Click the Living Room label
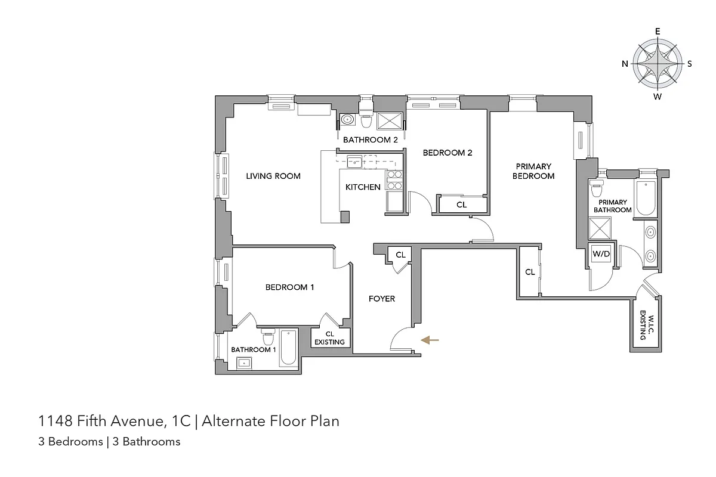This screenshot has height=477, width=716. coord(273,176)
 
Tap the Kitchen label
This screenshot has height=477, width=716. coord(363,187)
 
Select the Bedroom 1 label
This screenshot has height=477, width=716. coord(289,287)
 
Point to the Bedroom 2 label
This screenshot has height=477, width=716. coord(447,153)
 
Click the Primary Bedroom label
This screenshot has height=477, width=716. coord(533,171)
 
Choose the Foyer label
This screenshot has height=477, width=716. coord(381,299)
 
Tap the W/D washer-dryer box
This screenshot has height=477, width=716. coord(601,255)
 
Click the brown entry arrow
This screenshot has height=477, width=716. coord(430,340)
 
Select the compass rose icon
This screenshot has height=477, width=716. coord(658,63)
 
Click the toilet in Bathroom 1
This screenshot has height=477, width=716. coord(268,337)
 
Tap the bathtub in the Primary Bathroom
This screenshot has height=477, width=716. coord(646,198)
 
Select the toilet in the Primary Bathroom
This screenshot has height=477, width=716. coord(596,190)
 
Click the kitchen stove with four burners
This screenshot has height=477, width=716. coord(394,180)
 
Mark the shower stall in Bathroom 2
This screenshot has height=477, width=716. coord(389,120)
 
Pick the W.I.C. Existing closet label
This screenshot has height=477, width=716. coord(643,325)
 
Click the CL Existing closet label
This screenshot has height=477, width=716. coord(329,338)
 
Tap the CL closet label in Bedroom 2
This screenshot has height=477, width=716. coord(461,205)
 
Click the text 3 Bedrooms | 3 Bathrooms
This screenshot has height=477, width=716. coord(109,442)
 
